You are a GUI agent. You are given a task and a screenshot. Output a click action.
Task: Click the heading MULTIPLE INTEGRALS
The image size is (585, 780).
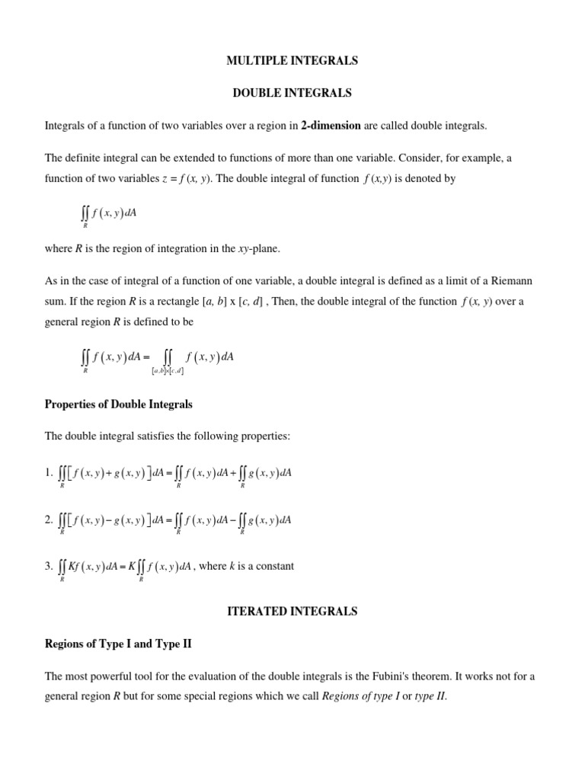(x=292, y=60)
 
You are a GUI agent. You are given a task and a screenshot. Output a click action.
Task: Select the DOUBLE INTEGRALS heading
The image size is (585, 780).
(x=292, y=93)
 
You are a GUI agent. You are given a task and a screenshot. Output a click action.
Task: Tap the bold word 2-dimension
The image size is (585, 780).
(x=331, y=126)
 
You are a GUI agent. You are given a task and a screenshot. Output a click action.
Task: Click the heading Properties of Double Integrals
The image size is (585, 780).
(x=119, y=404)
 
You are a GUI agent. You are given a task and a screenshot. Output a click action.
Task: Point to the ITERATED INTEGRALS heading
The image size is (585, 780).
(x=292, y=611)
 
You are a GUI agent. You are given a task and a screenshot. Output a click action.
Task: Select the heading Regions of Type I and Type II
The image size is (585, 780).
(x=118, y=644)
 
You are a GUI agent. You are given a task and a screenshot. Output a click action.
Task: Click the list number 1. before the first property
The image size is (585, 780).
(x=50, y=473)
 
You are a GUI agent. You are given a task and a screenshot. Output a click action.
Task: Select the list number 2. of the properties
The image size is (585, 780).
(x=50, y=520)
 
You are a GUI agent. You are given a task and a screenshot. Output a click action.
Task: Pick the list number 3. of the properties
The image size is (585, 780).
(x=50, y=566)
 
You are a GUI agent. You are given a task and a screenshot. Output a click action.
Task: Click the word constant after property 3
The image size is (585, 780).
(x=273, y=566)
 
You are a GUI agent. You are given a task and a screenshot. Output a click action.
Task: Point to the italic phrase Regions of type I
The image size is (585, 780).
(x=362, y=695)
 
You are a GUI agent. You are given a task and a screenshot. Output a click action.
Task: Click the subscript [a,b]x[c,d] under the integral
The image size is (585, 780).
(x=167, y=371)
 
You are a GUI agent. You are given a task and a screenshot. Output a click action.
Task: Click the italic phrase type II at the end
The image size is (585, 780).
(x=430, y=695)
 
